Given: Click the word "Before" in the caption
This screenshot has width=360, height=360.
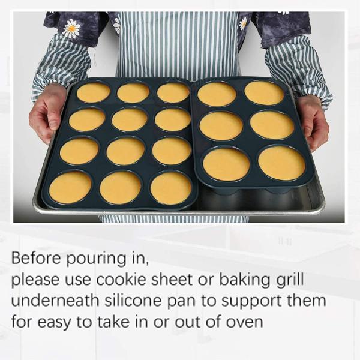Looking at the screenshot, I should point(37,259).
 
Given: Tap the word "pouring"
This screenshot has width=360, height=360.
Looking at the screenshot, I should point(95,260).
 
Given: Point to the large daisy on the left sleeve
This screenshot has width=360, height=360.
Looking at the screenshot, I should point(72,29).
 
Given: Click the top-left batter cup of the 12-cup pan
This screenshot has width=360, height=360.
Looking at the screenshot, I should point(94,92).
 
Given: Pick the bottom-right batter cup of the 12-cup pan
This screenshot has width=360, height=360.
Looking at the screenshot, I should point(170,188).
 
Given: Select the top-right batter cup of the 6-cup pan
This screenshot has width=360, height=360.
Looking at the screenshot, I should point(264,93).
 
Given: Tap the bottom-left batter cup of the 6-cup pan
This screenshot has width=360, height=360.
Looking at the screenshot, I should point(226,164).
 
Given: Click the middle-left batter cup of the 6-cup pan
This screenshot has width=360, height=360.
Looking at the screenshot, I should point(221,125).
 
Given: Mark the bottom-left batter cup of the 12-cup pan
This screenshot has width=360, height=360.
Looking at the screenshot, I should point(70,188).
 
